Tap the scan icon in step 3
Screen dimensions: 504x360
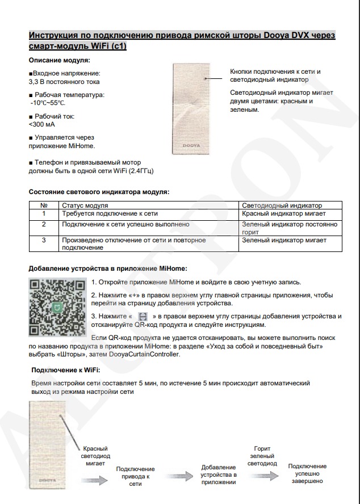pyautogui.click(x=143, y=316)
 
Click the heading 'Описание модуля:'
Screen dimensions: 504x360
pyautogui.click(x=60, y=60)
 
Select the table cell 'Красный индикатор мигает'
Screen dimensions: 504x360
pyautogui.click(x=283, y=214)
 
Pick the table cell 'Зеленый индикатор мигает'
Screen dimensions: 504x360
pyautogui.click(x=284, y=241)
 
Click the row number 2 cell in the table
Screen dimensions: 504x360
pyautogui.click(x=44, y=225)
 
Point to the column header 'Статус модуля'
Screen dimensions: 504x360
pyautogui.click(x=85, y=205)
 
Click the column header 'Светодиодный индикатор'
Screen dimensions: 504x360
pyautogui.click(x=282, y=205)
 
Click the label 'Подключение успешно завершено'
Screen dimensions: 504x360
pyautogui.click(x=311, y=473)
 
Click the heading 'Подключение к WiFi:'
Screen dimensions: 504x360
pyautogui.click(x=66, y=370)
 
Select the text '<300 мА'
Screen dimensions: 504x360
pyautogui.click(x=42, y=124)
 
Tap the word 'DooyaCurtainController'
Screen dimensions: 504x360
pyautogui.click(x=147, y=355)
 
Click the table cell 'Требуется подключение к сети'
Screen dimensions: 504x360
pyautogui.click(x=110, y=214)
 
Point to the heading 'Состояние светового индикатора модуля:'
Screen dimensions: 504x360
pyautogui.click(x=99, y=192)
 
